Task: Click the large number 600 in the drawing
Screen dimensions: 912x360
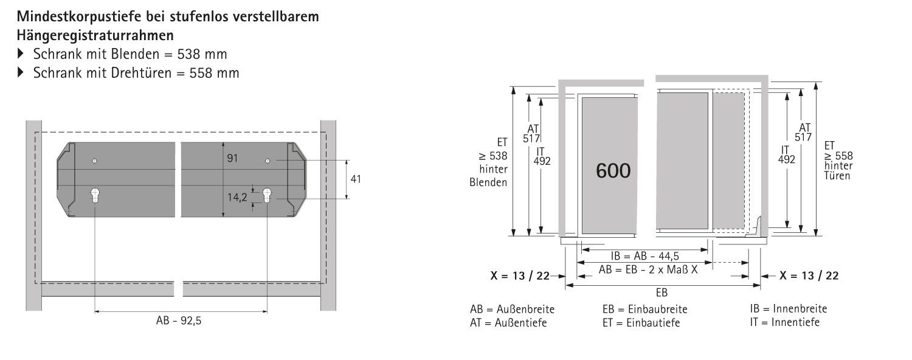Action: pyautogui.click(x=613, y=171)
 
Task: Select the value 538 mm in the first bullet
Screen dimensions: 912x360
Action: pyautogui.click(x=202, y=54)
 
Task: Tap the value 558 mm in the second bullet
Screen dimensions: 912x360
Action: pyautogui.click(x=214, y=74)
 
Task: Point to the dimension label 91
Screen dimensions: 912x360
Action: pyautogui.click(x=232, y=158)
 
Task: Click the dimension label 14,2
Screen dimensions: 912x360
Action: pyautogui.click(x=237, y=198)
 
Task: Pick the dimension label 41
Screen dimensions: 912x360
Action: pyautogui.click(x=356, y=179)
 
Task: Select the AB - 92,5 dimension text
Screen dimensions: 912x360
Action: pyautogui.click(x=179, y=320)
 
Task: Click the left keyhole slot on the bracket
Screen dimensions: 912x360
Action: pyautogui.click(x=95, y=195)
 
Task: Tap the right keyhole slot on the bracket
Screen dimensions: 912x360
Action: pyautogui.click(x=267, y=195)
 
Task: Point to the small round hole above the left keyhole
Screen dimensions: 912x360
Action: pyautogui.click(x=94, y=161)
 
